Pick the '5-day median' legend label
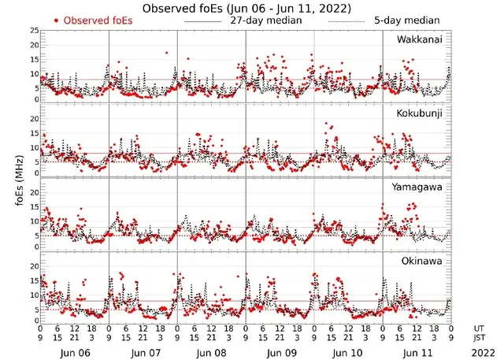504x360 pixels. coord(407,20)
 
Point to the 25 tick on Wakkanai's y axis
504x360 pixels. coord(34,30)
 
